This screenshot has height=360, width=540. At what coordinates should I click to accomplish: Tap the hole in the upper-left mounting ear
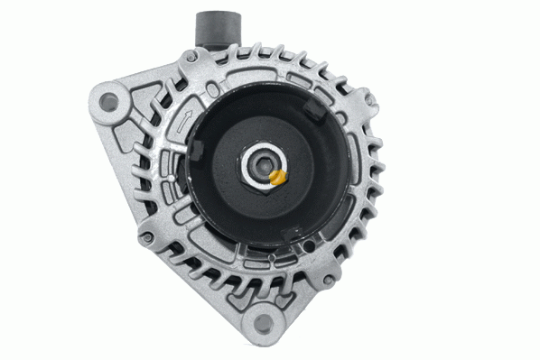(110, 101)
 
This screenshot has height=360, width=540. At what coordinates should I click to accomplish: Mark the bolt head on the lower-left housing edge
(145, 239)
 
